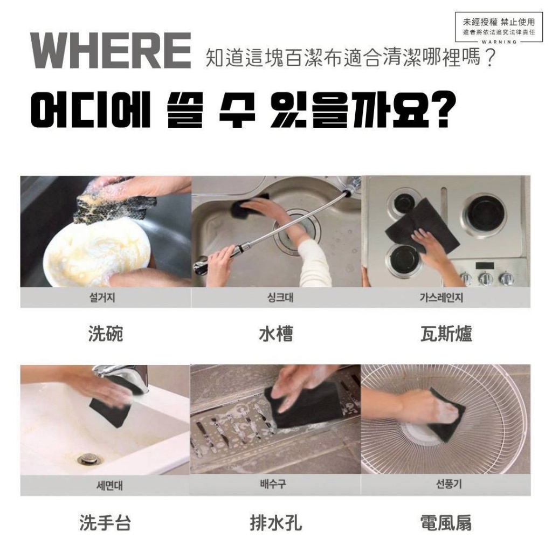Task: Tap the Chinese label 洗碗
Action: pyautogui.click(x=106, y=334)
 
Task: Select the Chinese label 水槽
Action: pyautogui.click(x=276, y=334)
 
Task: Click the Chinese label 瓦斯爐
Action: pyautogui.click(x=446, y=334)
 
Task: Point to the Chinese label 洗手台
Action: pyautogui.click(x=105, y=522)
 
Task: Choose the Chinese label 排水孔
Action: pyautogui.click(x=276, y=522)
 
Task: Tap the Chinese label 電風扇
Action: pyautogui.click(x=446, y=522)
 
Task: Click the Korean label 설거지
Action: pyautogui.click(x=105, y=298)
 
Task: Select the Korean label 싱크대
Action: pyautogui.click(x=276, y=298)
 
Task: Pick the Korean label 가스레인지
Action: pyautogui.click(x=446, y=298)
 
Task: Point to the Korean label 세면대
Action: pyautogui.click(x=105, y=485)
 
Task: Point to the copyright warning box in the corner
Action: pyautogui.click(x=499, y=26)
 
